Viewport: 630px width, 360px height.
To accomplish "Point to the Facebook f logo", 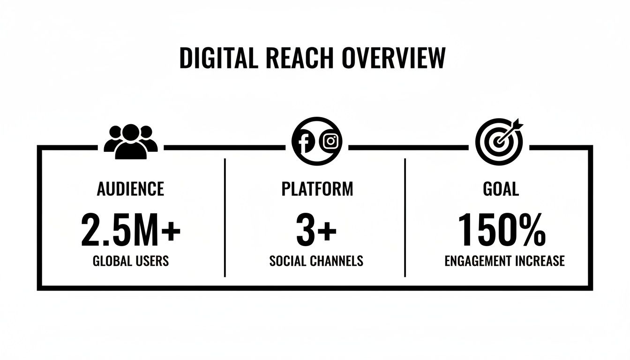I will pos(305,142).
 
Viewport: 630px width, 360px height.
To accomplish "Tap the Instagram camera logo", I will pos(330,141).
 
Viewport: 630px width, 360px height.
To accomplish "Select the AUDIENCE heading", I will pos(130,189).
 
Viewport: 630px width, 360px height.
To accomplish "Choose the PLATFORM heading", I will pos(317,189).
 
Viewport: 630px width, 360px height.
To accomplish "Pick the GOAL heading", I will pos(501,189).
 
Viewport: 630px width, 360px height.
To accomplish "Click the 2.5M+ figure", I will pos(131,230).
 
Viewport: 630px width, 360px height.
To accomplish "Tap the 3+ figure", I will pos(316,230).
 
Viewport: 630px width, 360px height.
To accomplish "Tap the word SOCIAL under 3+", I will pos(287,261).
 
